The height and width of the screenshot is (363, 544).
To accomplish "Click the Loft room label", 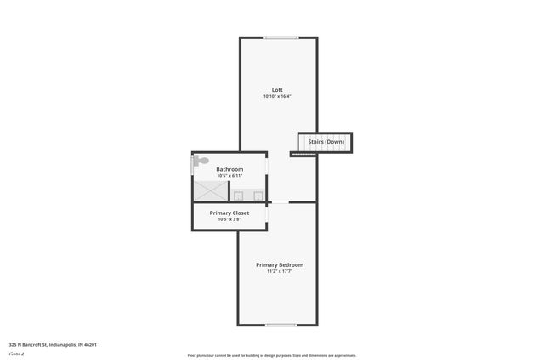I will [277, 90].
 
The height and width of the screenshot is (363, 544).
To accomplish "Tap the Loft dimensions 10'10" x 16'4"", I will [277, 97].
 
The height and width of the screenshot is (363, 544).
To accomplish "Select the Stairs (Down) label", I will [326, 141].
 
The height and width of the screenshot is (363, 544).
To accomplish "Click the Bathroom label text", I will [229, 169].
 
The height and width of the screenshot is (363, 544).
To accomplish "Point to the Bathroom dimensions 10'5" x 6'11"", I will [229, 176].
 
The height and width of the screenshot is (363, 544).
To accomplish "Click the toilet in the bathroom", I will [201, 160].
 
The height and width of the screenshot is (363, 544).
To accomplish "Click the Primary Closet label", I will [229, 213].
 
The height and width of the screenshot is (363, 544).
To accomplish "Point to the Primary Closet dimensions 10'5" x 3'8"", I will [229, 219].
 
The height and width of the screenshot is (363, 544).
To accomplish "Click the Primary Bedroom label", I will [280, 264].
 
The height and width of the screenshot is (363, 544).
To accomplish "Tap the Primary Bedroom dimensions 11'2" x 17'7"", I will [280, 272].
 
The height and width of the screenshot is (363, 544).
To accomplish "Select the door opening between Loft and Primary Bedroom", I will [279, 202].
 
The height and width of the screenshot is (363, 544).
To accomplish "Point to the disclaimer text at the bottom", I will [272, 355].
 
